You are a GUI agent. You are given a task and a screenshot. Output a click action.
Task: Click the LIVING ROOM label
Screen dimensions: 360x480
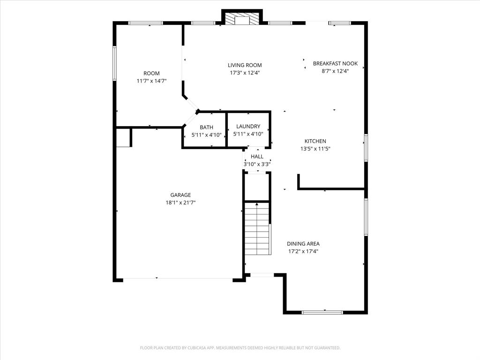pyautogui.click(x=245, y=65)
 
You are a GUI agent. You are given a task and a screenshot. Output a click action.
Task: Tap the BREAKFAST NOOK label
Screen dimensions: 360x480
pyautogui.click(x=335, y=63)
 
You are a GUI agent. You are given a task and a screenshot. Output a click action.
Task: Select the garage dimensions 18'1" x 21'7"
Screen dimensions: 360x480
pyautogui.click(x=180, y=202)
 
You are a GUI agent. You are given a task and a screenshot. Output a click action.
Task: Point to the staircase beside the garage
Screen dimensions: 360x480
pyautogui.click(x=257, y=228)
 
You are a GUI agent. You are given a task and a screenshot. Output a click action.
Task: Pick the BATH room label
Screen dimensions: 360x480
pyautogui.click(x=206, y=127)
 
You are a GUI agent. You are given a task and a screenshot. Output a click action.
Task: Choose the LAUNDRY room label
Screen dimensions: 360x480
pyautogui.click(x=248, y=126)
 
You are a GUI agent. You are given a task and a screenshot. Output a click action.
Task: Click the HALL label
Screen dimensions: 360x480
pyautogui.click(x=257, y=156)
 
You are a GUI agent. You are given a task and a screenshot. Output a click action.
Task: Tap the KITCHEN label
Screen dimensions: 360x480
pyautogui.click(x=315, y=141)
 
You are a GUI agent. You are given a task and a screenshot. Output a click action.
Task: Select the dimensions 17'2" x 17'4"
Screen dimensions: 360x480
pyautogui.click(x=303, y=251)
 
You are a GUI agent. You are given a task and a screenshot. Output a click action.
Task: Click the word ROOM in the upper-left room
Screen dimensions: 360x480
pyautogui.click(x=151, y=73)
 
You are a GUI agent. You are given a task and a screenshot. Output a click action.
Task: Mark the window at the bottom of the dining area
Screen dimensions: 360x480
pyautogui.click(x=322, y=312)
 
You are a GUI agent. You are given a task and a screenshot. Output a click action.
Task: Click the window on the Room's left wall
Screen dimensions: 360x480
pyautogui.click(x=114, y=63)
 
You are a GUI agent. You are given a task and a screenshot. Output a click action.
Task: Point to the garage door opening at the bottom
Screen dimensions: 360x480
pyautogui.click(x=178, y=280)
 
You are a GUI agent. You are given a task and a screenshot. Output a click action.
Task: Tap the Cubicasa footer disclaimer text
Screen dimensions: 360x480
pyautogui.click(x=240, y=348)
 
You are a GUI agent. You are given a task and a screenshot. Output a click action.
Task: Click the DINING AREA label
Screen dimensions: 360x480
pyautogui.click(x=303, y=244)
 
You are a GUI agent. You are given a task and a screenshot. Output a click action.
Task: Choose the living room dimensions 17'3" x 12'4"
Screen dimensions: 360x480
pyautogui.click(x=245, y=73)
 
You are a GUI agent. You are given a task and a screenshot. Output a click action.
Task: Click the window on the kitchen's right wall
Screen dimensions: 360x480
pyautogui.click(x=366, y=148)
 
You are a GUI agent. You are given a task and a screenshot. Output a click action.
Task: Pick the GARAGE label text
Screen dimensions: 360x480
pyautogui.click(x=180, y=195)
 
